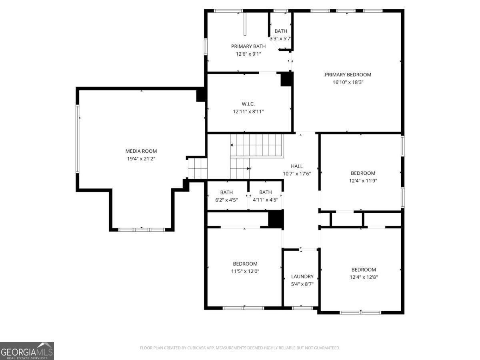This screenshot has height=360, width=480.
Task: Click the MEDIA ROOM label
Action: pos(141,151)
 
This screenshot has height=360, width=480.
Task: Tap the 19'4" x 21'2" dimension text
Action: pos(141,159)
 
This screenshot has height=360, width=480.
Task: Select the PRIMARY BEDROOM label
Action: pos(348,75)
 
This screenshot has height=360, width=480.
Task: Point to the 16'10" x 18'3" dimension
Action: pos(348,82)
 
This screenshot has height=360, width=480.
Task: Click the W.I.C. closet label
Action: pos(248,104)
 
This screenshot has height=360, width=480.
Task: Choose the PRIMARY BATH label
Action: pos(248,46)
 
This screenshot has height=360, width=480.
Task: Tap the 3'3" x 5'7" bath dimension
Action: pos(280,39)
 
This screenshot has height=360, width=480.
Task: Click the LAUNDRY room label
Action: pos(302,276)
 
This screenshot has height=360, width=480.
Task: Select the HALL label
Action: pos(297,166)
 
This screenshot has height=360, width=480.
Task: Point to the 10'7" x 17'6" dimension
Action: pos(297,174)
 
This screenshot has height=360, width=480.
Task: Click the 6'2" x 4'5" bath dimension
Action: pos(226,200)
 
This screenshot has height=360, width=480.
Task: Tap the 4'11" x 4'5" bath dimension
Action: pos(265,200)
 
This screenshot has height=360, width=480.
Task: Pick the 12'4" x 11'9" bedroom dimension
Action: pos(363,180)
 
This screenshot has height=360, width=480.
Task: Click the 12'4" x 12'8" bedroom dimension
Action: pos(363,277)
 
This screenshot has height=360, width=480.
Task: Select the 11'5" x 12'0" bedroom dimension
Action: pos(245,271)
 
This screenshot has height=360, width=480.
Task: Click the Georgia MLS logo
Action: pos(27,351)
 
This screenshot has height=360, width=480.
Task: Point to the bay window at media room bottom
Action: pos(142,230)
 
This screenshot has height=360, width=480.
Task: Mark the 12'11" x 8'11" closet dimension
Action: pos(248,112)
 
